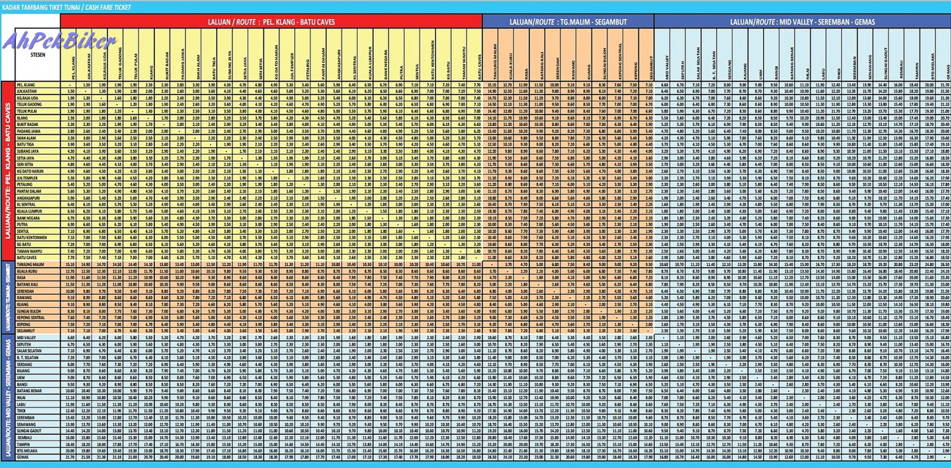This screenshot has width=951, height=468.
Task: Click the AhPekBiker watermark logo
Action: (59, 41)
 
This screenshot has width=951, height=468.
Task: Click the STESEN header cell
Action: (37, 55)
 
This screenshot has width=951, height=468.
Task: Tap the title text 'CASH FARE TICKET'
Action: (109, 7)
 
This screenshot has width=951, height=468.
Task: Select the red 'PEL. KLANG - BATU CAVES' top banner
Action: (271, 22)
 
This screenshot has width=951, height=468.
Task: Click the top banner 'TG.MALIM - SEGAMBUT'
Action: (568, 22)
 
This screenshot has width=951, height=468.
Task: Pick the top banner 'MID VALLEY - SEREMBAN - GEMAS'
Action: (802, 22)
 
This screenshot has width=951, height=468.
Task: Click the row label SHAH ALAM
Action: (26, 138)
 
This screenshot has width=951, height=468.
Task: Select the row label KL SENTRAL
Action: (26, 204)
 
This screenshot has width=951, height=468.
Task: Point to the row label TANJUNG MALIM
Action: (30, 264)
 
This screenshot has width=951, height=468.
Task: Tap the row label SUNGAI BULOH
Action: (29, 311)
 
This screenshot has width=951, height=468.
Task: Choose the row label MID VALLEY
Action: (26, 337)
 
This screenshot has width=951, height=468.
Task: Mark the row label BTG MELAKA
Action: (27, 451)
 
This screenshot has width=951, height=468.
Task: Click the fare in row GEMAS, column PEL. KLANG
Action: (70, 457)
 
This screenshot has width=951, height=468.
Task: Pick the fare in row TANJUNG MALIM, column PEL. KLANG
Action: (70, 264)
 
